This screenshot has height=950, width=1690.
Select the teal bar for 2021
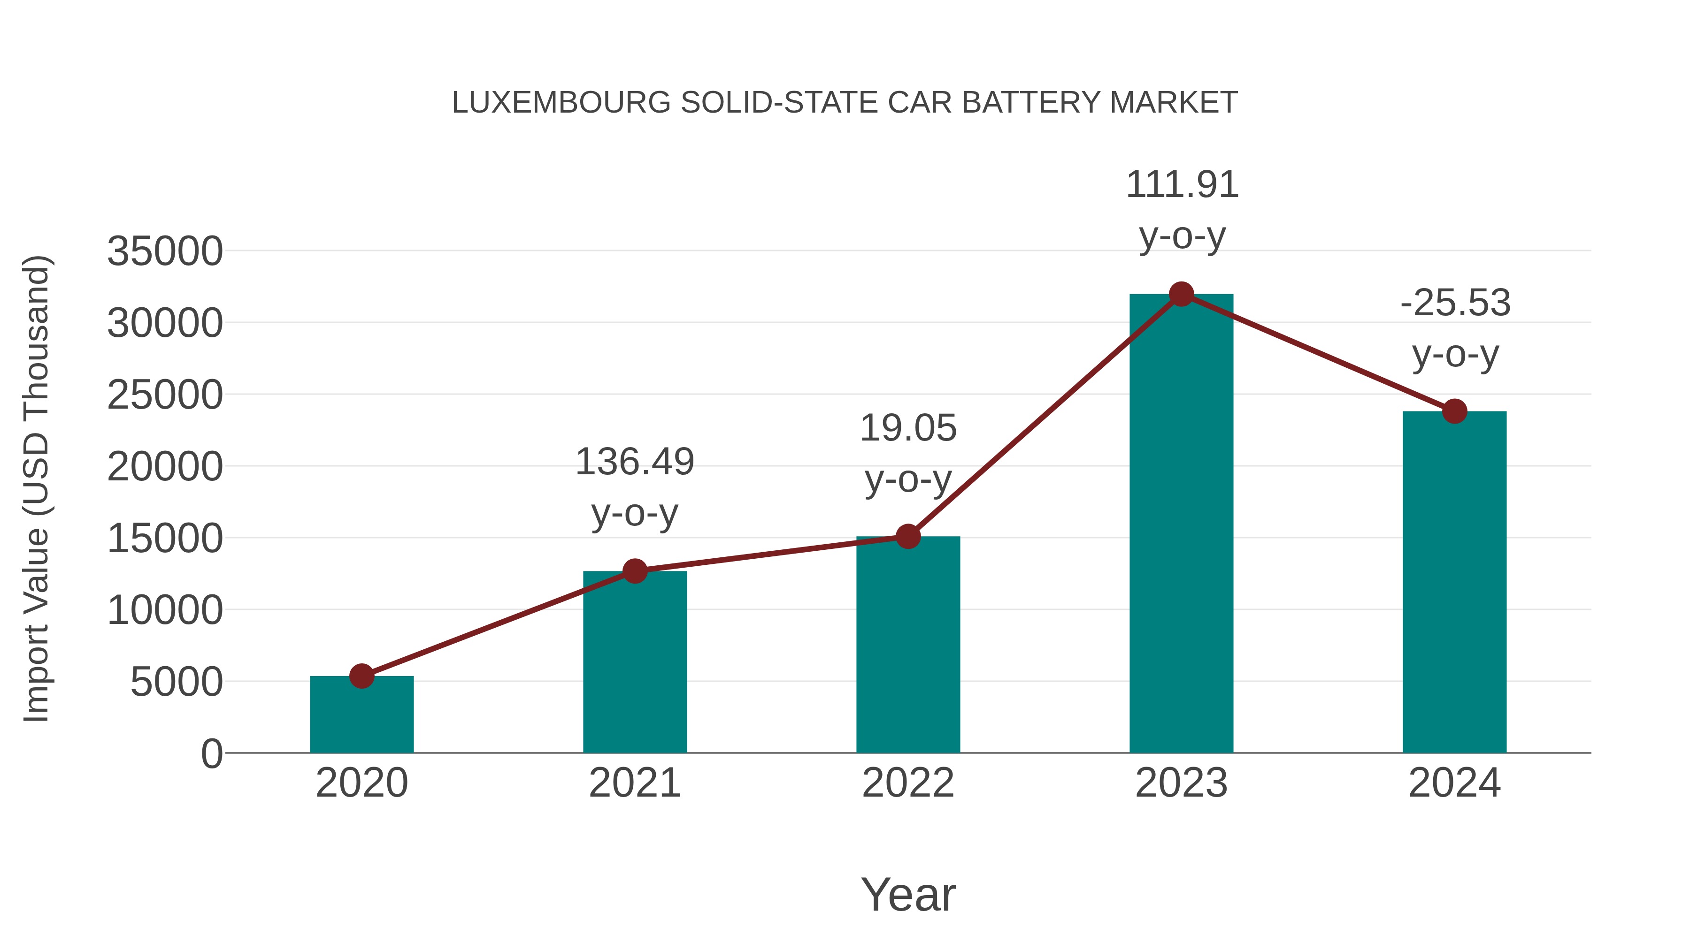634,662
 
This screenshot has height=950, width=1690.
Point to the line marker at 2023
1181,294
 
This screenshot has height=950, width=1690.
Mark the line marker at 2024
1454,411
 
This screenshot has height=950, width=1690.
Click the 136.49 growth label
634,462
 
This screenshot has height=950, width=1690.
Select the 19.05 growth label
908,428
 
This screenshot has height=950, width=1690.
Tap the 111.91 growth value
1182,185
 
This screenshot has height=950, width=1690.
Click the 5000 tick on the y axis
177,683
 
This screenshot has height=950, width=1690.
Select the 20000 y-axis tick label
165,467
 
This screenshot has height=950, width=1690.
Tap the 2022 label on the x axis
908,783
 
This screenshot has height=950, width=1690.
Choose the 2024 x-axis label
1454,783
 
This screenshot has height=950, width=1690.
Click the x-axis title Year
908,894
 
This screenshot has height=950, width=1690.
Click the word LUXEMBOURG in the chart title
561,103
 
